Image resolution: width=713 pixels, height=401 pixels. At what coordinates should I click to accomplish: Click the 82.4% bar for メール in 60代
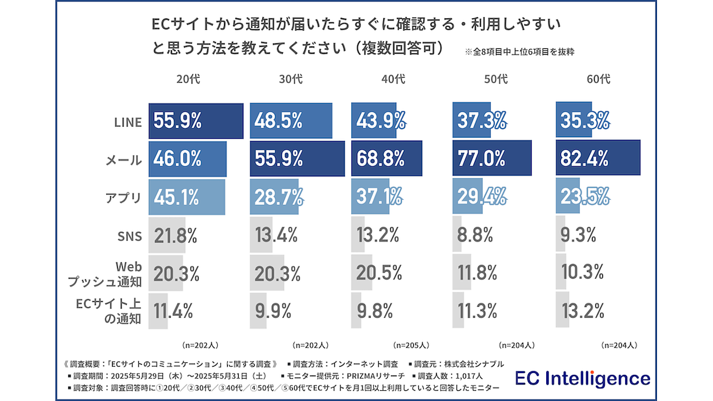click(598, 158)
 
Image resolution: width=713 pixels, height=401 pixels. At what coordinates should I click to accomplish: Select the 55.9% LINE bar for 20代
click(196, 121)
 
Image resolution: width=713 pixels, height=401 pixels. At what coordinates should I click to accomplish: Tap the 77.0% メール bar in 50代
click(492, 158)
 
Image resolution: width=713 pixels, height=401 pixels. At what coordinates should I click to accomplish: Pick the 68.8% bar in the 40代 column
click(386, 158)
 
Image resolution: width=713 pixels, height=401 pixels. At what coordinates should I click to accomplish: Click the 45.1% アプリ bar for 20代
click(187, 197)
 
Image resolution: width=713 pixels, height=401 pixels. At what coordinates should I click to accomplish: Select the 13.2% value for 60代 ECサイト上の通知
click(582, 311)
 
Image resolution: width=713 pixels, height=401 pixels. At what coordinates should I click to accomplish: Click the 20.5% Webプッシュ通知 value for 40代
click(379, 273)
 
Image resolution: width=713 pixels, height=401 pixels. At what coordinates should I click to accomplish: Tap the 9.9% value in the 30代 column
click(273, 311)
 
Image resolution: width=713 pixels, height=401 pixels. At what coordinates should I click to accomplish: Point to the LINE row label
click(127, 122)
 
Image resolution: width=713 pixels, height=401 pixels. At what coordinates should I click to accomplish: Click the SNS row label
click(128, 235)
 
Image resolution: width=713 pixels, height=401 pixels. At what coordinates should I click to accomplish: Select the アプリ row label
click(123, 198)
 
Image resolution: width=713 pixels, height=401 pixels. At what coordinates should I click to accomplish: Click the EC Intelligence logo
click(583, 378)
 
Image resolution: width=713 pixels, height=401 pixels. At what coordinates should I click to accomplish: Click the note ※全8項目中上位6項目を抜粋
click(519, 52)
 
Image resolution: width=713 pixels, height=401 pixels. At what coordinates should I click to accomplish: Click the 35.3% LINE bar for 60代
click(574, 121)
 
